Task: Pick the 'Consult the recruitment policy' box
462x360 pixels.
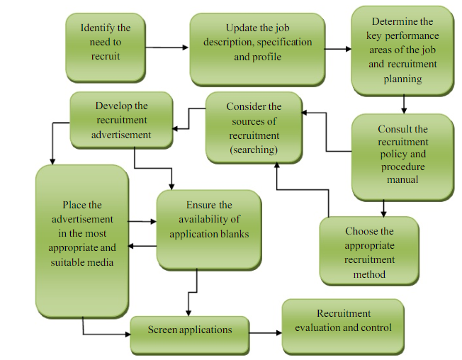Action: [x=402, y=155]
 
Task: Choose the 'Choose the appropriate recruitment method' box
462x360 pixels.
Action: [x=369, y=252]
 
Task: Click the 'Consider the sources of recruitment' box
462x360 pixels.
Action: [x=253, y=128]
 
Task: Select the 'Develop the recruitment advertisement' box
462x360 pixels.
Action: [x=121, y=120]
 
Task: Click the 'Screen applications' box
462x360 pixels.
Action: [x=190, y=330]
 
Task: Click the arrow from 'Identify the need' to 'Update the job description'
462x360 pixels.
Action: [x=168, y=47]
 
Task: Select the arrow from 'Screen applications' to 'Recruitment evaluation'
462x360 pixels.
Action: [x=265, y=331]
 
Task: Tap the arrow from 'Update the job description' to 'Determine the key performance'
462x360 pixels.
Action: [x=338, y=50]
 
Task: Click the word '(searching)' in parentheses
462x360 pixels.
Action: [x=254, y=150]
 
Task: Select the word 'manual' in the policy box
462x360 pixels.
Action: [x=402, y=180]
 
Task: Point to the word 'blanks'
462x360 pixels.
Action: [x=235, y=234]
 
